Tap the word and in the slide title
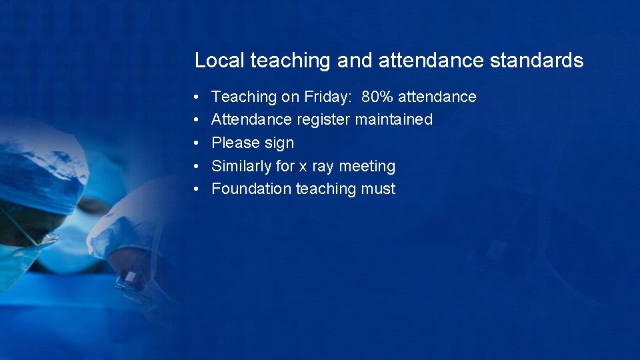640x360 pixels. (x=355, y=61)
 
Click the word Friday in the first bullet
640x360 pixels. (x=329, y=97)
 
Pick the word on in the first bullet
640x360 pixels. (x=290, y=97)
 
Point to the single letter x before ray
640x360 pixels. (x=303, y=166)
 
